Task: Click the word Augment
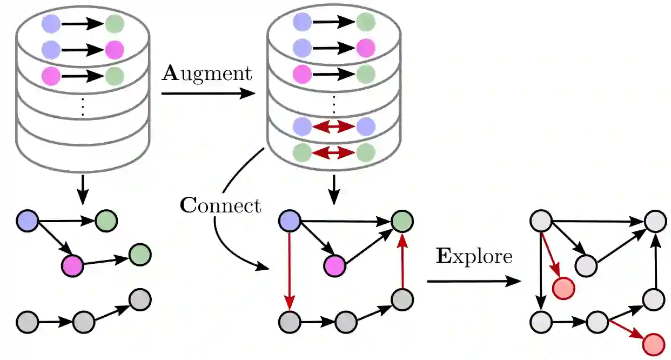pyautogui.click(x=207, y=73)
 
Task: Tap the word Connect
pyautogui.click(x=220, y=205)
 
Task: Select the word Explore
pyautogui.click(x=474, y=256)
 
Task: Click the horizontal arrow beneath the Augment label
pyautogui.click(x=208, y=94)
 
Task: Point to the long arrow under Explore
pyautogui.click(x=474, y=281)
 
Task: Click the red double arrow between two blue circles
pyautogui.click(x=334, y=126)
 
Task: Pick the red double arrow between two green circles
pyautogui.click(x=334, y=152)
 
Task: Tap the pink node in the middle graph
pyautogui.click(x=334, y=265)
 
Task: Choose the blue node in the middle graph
pyautogui.click(x=290, y=221)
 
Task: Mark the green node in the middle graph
pyautogui.click(x=402, y=221)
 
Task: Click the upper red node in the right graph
pyautogui.click(x=563, y=288)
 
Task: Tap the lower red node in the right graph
pyautogui.click(x=653, y=343)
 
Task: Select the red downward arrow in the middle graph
pyautogui.click(x=290, y=270)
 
